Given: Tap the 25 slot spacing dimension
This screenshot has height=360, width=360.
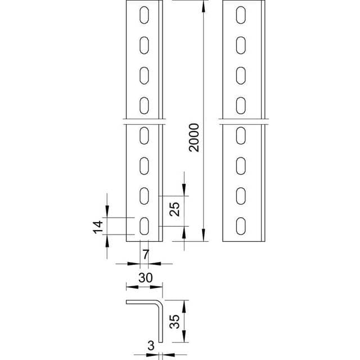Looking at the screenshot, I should tap(175, 210).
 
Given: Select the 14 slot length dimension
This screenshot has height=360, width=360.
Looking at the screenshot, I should tap(98, 227).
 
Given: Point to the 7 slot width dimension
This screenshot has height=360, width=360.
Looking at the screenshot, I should tap(146, 254).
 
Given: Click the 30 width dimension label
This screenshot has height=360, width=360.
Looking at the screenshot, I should tap(146, 277).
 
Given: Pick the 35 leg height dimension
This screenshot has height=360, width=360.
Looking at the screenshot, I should tap(175, 322).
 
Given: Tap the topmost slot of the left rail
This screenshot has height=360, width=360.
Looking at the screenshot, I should tap(145, 15).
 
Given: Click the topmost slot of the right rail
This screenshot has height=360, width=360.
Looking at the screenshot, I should tap(241, 15).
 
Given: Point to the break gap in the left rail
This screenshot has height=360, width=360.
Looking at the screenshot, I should tap(145, 120).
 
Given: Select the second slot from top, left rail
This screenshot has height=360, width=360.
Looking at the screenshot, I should tap(145, 44).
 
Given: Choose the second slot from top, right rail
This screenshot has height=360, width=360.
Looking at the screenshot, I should tap(241, 44).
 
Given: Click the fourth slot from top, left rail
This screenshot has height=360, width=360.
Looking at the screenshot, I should tap(145, 104).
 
